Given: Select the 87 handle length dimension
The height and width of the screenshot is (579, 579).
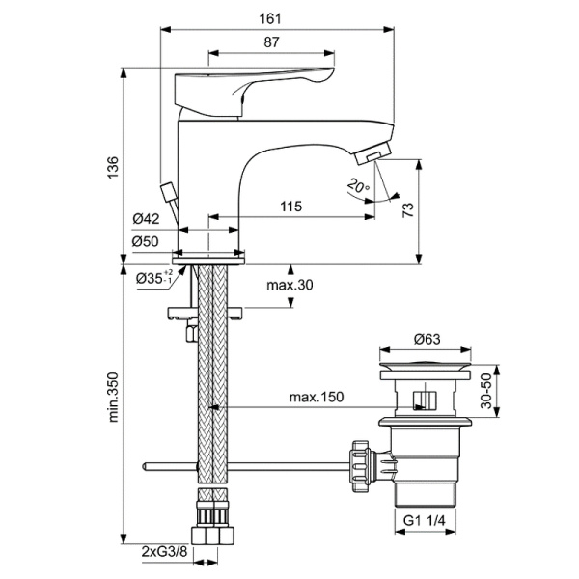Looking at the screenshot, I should pyautogui.click(x=271, y=41).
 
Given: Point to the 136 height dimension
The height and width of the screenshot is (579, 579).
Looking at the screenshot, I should pyautogui.click(x=112, y=165).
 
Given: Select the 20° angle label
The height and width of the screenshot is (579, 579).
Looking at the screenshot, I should pyautogui.click(x=358, y=186).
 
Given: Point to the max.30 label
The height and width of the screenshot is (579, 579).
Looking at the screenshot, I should pyautogui.click(x=290, y=285).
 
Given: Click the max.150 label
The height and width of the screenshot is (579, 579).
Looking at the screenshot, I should pyautogui.click(x=316, y=397).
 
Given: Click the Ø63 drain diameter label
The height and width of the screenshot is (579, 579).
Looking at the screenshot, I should pyautogui.click(x=427, y=339).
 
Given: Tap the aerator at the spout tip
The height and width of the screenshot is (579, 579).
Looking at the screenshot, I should pyautogui.click(x=372, y=151).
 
